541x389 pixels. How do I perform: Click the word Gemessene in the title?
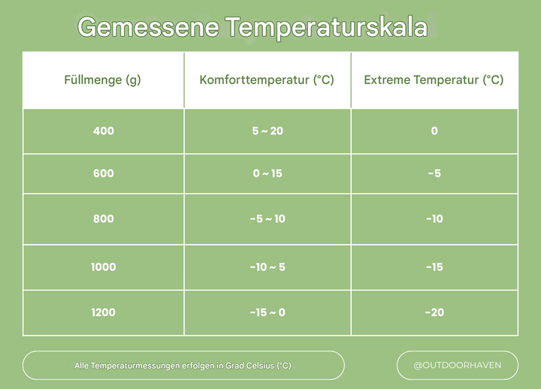(148, 27)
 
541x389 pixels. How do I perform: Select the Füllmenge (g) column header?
(103, 80)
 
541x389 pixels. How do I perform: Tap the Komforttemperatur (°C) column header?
(267, 80)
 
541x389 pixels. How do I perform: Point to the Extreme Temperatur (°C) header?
(434, 80)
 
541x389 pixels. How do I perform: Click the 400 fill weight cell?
(103, 131)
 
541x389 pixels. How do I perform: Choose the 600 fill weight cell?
(103, 173)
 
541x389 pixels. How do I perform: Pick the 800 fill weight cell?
(103, 219)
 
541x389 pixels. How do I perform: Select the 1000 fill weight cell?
(103, 267)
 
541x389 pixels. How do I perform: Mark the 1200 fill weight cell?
(103, 312)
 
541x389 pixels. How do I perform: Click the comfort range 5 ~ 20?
(267, 131)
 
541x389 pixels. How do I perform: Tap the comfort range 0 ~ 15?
(267, 173)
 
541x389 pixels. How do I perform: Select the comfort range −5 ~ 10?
(267, 219)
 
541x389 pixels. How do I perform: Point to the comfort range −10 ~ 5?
(267, 267)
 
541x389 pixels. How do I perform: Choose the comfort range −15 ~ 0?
(267, 312)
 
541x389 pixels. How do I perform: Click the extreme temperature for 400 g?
(434, 131)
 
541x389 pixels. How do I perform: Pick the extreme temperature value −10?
(434, 219)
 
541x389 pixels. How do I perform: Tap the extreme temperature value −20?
(434, 312)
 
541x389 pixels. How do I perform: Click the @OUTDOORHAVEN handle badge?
(457, 366)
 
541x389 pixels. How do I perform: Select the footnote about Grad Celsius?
(183, 366)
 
